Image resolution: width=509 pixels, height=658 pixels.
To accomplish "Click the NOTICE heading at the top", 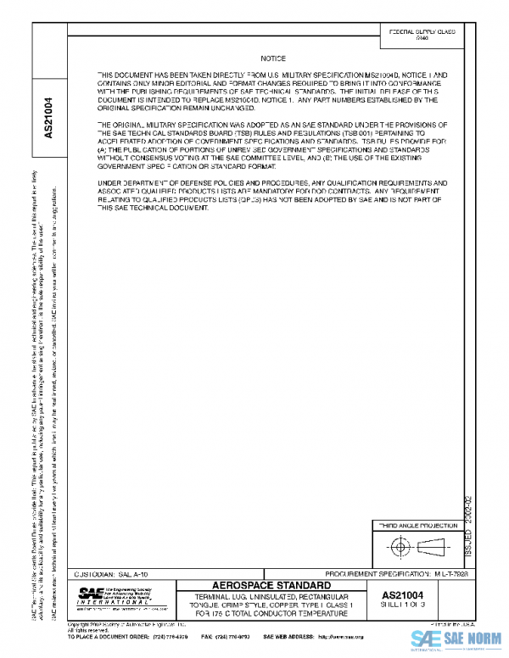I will (x=273, y=59).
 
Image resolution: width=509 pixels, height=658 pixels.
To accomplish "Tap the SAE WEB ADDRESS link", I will (x=314, y=636).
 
